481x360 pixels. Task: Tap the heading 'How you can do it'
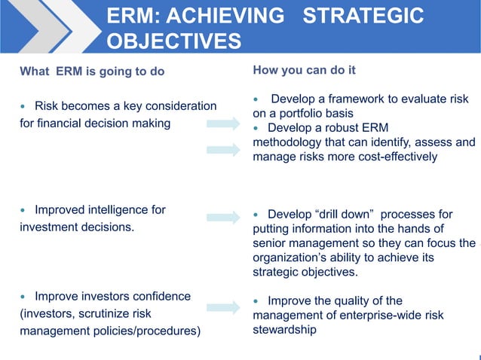coord(305,71)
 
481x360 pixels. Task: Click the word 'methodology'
coord(289,142)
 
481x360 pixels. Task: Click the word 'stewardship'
coord(285,329)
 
